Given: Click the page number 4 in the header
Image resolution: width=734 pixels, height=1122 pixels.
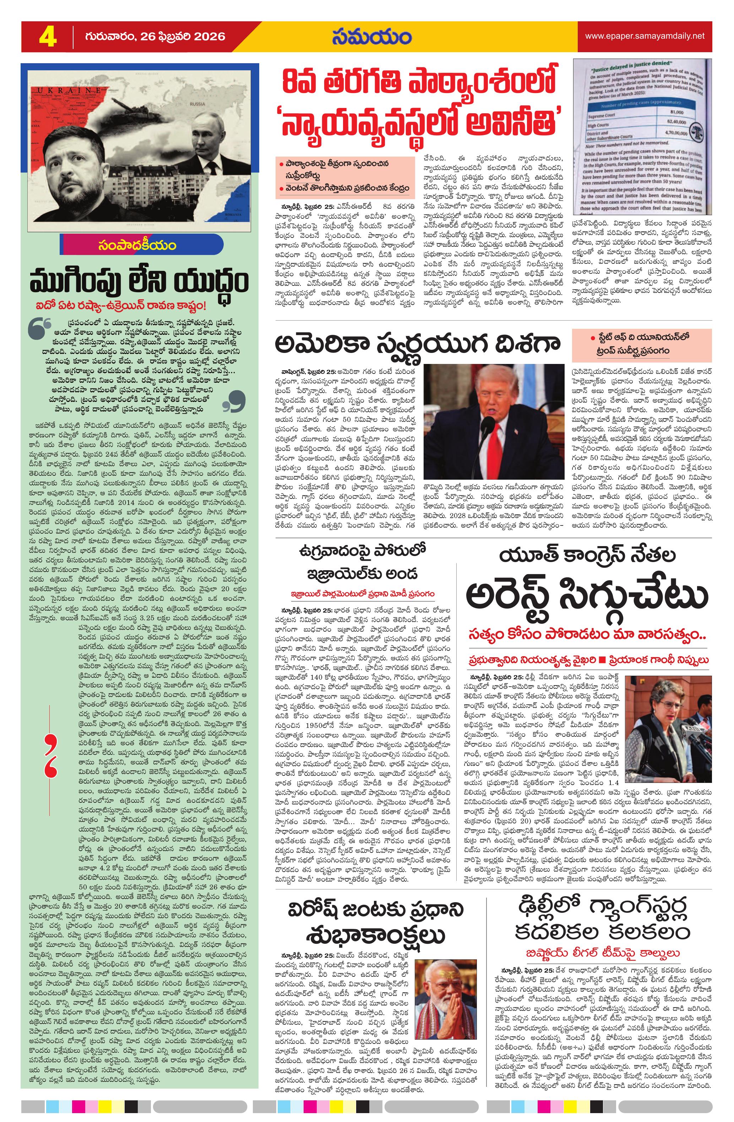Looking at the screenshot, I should point(47,37).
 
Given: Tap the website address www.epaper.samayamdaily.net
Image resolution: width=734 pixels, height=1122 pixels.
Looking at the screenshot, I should point(645,36).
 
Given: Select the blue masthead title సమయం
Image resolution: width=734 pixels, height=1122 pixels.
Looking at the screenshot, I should point(371,37).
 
